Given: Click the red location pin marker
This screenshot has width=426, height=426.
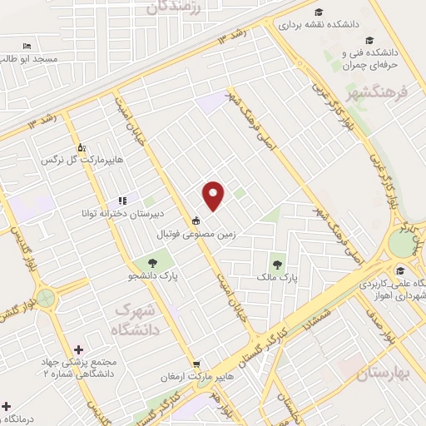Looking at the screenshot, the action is (214, 196).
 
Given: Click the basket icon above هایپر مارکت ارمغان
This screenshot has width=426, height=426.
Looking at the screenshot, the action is (197, 364).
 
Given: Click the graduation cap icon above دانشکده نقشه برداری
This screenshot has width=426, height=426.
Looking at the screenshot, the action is (319, 12).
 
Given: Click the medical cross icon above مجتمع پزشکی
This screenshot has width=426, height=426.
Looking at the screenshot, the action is (79, 350).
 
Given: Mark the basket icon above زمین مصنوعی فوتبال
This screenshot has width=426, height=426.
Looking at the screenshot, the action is (196, 221).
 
